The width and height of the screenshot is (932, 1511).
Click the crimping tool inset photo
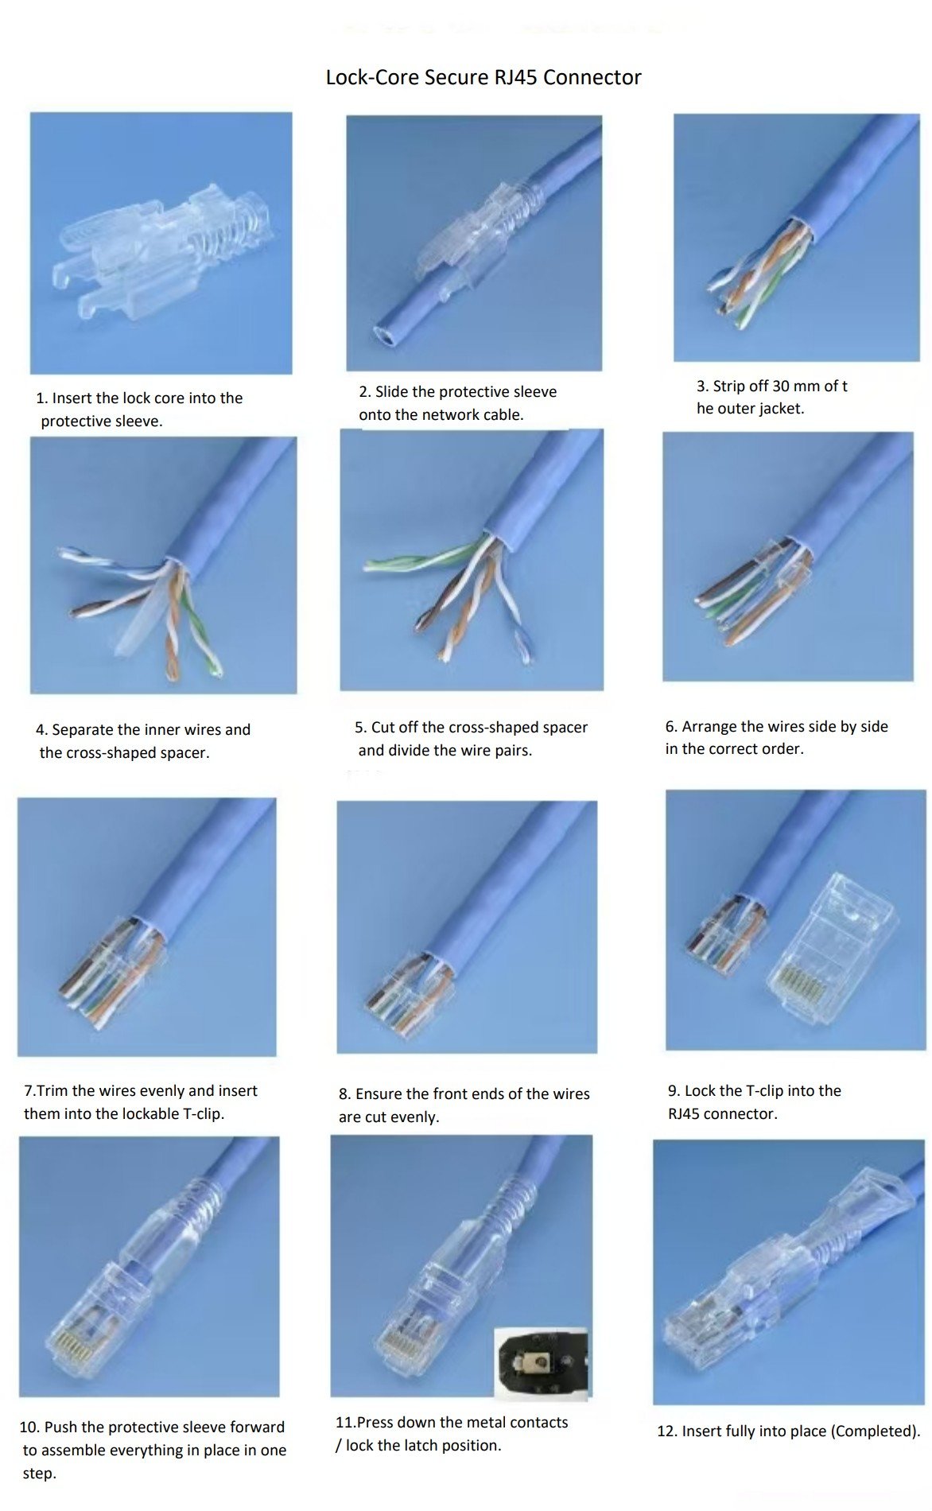(x=541, y=1363)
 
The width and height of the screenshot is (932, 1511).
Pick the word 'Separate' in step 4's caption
(x=83, y=730)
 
